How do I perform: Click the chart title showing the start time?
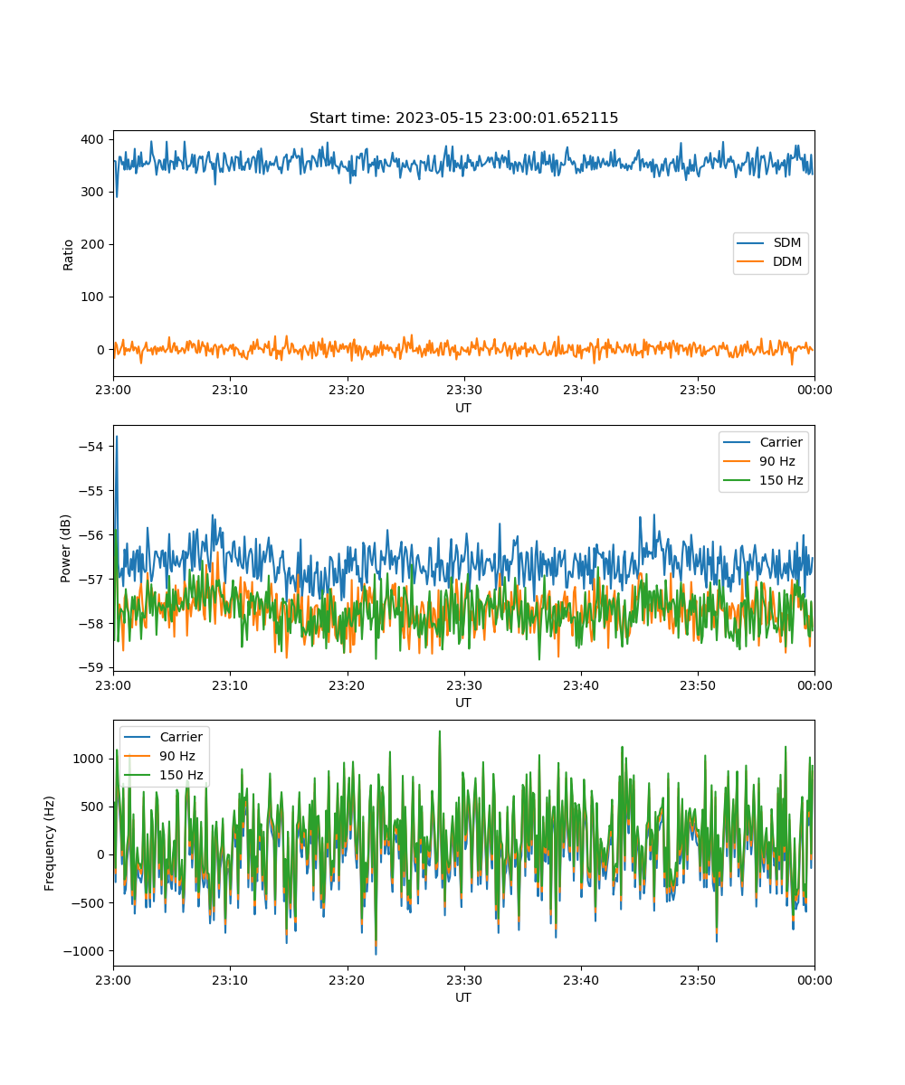[463, 118]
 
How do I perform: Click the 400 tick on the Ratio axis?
[92, 139]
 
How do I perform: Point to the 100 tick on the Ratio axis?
[92, 297]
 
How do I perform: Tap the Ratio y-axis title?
[68, 255]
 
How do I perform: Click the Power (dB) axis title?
[65, 548]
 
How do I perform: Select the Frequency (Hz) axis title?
[50, 844]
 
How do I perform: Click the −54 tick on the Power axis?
[90, 447]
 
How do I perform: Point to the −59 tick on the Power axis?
[90, 667]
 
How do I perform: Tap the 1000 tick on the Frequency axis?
[88, 759]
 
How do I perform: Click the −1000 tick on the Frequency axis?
[83, 951]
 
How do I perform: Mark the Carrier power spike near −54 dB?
[117, 437]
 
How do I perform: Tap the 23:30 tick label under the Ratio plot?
[464, 390]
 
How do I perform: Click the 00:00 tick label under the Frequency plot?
[814, 980]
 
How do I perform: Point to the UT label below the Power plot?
[462, 703]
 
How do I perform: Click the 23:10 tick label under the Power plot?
[229, 685]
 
